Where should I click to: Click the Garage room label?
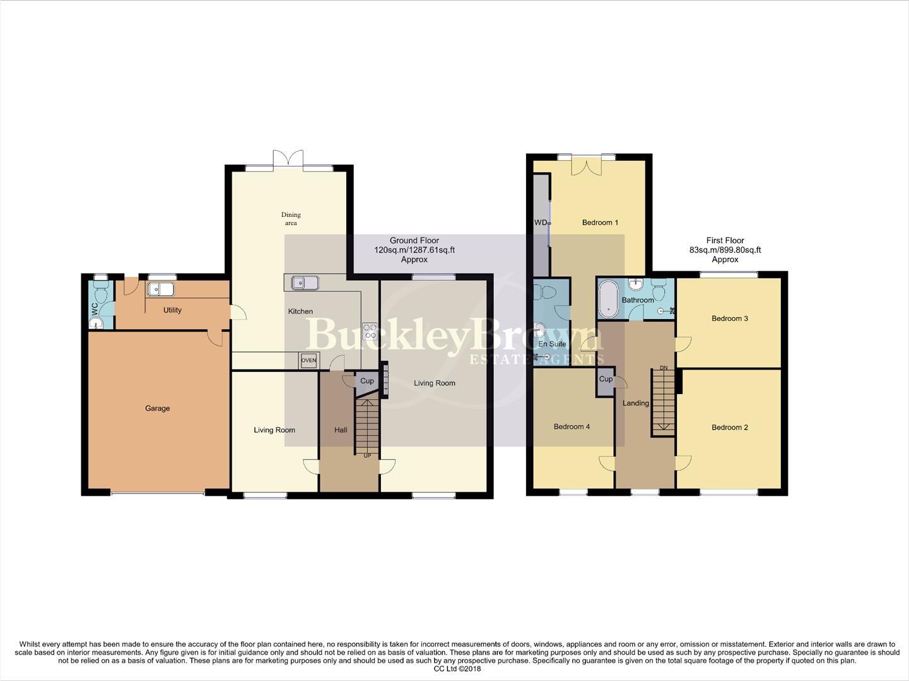(x=157, y=409)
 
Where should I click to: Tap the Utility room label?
(x=172, y=310)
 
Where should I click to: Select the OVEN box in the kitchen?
(x=308, y=360)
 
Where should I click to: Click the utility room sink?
(x=161, y=289)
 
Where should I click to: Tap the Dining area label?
(x=291, y=219)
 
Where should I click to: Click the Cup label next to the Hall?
(x=367, y=381)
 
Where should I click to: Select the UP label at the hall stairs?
(x=367, y=455)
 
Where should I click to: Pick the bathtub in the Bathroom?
(x=609, y=298)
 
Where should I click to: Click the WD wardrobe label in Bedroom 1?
(x=541, y=223)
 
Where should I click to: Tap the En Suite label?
(x=552, y=344)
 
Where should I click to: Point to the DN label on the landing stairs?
(x=663, y=368)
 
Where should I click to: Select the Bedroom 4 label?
(x=572, y=427)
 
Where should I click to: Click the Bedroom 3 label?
(x=729, y=318)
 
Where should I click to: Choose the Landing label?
(x=635, y=403)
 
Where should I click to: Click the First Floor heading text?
(x=725, y=240)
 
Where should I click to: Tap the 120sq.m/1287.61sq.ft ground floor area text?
(x=414, y=250)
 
